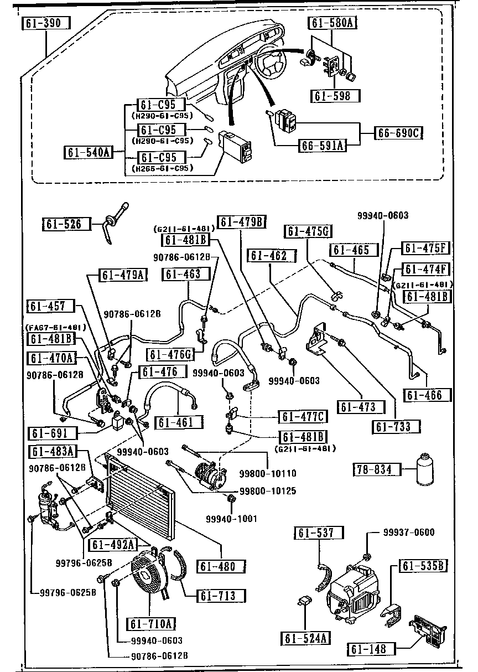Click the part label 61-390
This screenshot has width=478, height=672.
[46, 23]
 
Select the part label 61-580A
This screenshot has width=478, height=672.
[331, 23]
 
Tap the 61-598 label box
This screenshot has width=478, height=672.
[334, 96]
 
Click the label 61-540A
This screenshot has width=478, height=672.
[89, 152]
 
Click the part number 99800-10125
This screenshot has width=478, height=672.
[267, 491]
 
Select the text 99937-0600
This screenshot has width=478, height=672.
[409, 533]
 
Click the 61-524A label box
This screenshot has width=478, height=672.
[305, 638]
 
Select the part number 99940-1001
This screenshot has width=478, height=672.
[231, 519]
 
